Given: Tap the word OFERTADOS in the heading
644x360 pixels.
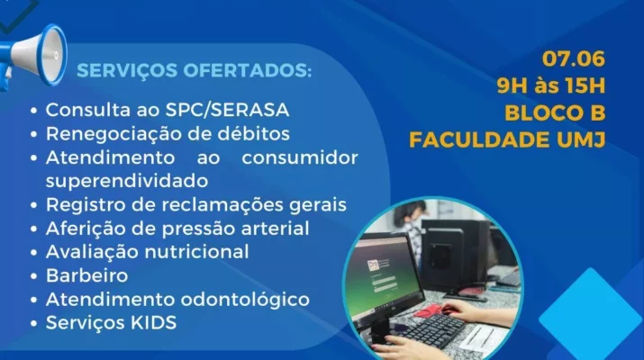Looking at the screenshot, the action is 248,70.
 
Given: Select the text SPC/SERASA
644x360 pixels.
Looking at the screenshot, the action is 228,110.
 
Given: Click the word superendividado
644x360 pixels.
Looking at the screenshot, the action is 127,182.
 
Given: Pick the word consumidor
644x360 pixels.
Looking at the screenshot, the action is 300,157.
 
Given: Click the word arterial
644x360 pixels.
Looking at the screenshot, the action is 275,229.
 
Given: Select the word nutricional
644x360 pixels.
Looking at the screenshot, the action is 196,252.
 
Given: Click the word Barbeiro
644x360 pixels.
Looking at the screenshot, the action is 86,275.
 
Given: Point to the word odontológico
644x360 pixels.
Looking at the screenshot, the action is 245,300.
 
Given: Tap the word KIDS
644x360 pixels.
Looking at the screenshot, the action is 154,322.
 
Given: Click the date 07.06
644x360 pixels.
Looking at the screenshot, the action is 574,59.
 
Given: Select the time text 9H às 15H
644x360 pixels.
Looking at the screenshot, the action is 550,86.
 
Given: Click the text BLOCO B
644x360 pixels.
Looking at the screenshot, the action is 555,113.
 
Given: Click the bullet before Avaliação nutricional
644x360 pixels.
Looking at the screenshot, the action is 33,252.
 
